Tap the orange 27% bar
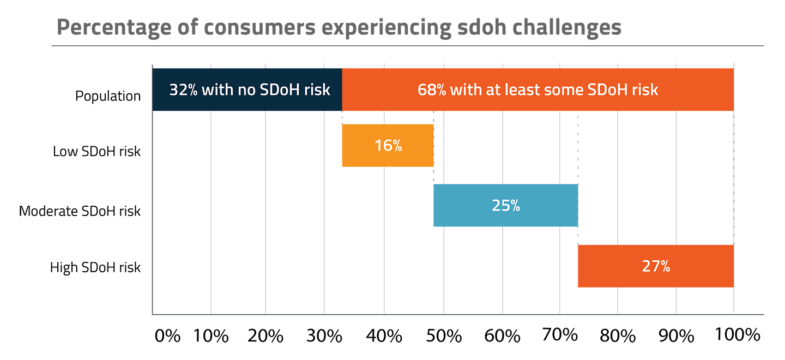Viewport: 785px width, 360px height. tap(655, 266)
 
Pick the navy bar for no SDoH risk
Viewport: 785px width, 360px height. tap(247, 89)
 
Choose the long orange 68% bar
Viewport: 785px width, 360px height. tap(537, 89)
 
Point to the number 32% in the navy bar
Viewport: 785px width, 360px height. tap(183, 90)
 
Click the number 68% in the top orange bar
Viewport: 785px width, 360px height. tap(431, 90)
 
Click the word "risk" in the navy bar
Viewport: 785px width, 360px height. tap(317, 90)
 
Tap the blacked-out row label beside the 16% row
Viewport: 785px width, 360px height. tap(102, 151)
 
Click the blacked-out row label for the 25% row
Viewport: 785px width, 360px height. tap(85, 211)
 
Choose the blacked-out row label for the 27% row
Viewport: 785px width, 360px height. tap(100, 268)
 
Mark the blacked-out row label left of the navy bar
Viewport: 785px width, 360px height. tap(113, 97)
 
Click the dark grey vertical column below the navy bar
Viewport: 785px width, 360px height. tap(180, 213)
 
